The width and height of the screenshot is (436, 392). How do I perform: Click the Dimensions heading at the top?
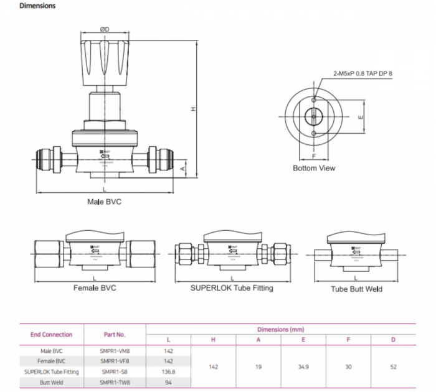pyautogui.click(x=37, y=6)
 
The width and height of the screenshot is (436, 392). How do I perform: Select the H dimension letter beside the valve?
pyautogui.click(x=193, y=109)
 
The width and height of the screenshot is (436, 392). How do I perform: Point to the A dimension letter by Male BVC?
pyautogui.click(x=183, y=168)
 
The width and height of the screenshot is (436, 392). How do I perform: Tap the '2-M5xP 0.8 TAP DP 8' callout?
pyautogui.click(x=363, y=73)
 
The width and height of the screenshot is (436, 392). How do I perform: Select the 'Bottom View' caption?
pyautogui.click(x=314, y=168)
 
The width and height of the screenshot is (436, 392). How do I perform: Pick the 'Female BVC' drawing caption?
pyautogui.click(x=95, y=288)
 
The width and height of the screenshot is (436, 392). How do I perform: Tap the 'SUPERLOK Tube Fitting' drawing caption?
pyautogui.click(x=232, y=288)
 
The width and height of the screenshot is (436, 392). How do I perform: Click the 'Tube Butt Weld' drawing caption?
pyautogui.click(x=356, y=289)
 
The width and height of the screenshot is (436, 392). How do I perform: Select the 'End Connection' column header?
pyautogui.click(x=52, y=334)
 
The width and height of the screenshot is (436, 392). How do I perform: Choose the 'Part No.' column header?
pyautogui.click(x=114, y=334)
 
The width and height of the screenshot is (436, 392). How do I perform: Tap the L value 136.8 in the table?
pyautogui.click(x=168, y=371)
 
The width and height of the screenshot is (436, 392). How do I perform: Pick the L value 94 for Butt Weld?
pyautogui.click(x=168, y=383)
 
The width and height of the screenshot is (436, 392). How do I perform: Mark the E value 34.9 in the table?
pyautogui.click(x=303, y=367)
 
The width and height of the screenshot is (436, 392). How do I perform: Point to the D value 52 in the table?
pyautogui.click(x=393, y=367)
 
